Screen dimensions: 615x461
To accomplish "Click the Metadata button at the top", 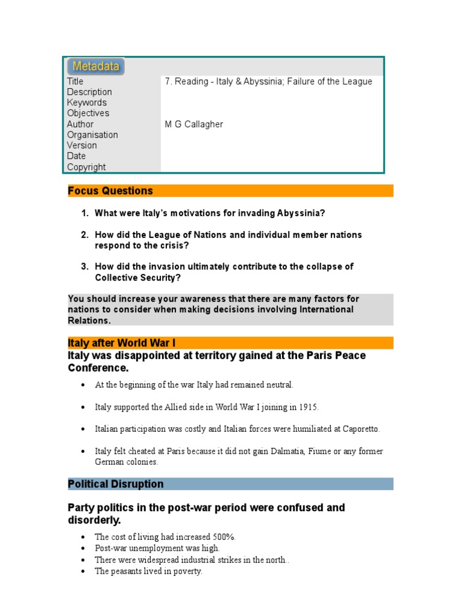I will point(96,66).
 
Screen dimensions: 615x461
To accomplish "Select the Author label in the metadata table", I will point(80,124).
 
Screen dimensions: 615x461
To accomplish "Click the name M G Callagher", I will point(194,124).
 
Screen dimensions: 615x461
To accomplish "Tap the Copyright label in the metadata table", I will point(86,167).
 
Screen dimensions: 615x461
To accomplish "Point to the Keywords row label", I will point(86,103).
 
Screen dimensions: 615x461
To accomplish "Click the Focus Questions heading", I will point(110,191).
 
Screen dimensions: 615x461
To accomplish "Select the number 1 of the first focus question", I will point(85,213).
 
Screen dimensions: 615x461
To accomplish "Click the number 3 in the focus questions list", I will point(85,267).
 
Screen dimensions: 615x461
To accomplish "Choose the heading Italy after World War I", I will point(121,343).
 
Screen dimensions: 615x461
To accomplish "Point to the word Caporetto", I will point(360,429).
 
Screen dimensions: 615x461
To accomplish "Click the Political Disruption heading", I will point(115,484).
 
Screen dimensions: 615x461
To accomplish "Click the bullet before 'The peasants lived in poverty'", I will point(82,572).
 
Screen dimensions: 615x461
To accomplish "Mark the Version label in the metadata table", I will point(82,145).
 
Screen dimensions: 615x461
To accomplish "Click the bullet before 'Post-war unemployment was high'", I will point(82,548).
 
